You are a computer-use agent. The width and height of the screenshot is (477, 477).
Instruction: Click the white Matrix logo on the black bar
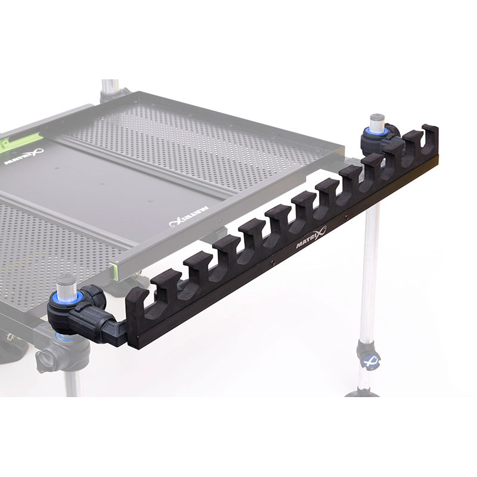(x=311, y=237)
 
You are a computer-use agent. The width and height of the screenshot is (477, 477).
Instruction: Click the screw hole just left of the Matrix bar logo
(x=273, y=261)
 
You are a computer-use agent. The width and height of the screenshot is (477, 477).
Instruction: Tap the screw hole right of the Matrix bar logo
(x=347, y=219)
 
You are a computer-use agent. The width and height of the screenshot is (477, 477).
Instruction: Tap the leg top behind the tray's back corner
(x=110, y=88)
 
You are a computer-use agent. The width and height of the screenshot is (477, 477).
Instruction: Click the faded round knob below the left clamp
(x=47, y=360)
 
